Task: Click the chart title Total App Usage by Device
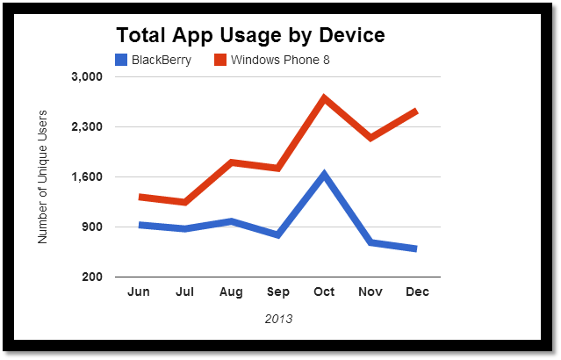point(250,36)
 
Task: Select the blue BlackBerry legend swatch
point(122,61)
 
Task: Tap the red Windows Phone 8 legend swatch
point(220,61)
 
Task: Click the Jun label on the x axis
point(139,292)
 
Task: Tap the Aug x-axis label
point(232,292)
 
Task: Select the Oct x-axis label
point(324,292)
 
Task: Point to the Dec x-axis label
point(417,292)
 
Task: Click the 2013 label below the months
point(278,319)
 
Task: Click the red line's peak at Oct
point(324,97)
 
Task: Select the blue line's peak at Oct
point(324,174)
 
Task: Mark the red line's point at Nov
point(370,138)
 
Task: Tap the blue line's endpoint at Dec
point(415,249)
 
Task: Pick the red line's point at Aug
point(232,162)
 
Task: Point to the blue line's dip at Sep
point(277,235)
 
